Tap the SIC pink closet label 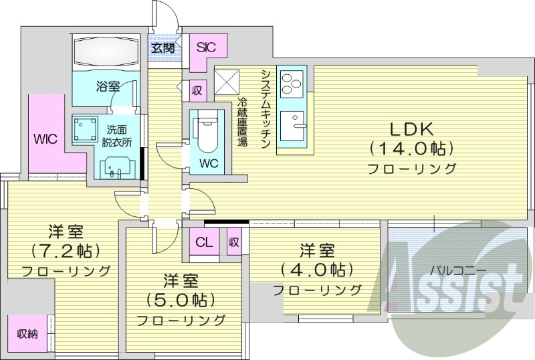[206, 48]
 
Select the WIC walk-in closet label [45, 138]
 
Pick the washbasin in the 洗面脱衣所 [112, 165]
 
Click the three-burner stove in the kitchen [292, 84]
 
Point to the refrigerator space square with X [229, 84]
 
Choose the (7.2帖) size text [66, 252]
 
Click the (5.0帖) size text [181, 299]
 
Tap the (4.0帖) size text [317, 270]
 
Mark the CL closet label [205, 242]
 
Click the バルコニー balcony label [457, 272]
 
